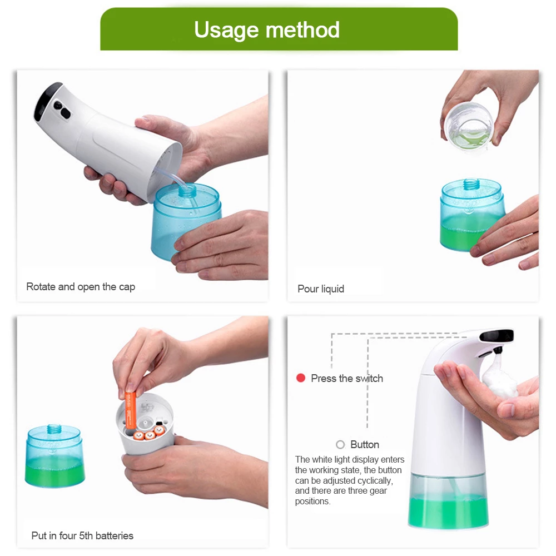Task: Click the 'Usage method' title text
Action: (267, 29)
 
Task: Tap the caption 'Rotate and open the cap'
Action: (81, 286)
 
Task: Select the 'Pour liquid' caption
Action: (321, 289)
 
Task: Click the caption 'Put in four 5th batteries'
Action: (82, 535)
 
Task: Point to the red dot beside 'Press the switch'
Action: (301, 378)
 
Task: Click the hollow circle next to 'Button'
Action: (340, 444)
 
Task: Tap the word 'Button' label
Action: (365, 444)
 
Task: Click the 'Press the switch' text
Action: (347, 378)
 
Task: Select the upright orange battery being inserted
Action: (131, 411)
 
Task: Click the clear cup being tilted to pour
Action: (469, 126)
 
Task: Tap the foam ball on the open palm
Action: (499, 379)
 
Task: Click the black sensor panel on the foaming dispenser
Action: (497, 335)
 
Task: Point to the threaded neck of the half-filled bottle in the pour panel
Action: (471, 184)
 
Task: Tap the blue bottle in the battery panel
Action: (55, 456)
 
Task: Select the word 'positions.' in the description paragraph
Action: (312, 502)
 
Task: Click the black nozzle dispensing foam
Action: (498, 351)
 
